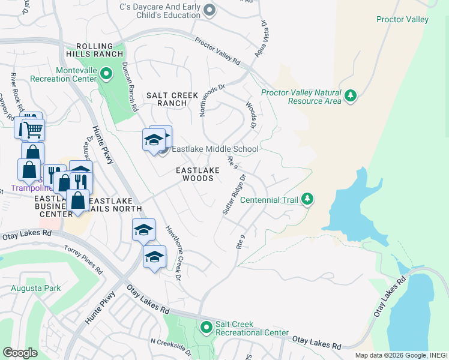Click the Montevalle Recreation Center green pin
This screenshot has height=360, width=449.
106,74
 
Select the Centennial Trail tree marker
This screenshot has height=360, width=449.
307,199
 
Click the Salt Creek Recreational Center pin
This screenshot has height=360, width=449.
206,327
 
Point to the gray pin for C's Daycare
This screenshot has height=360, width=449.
209,9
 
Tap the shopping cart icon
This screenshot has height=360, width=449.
33,128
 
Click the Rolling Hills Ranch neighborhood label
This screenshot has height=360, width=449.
95,51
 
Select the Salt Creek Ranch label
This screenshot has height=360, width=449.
164,99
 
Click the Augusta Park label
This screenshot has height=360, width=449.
35,288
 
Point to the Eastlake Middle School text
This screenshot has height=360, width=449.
215,149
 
